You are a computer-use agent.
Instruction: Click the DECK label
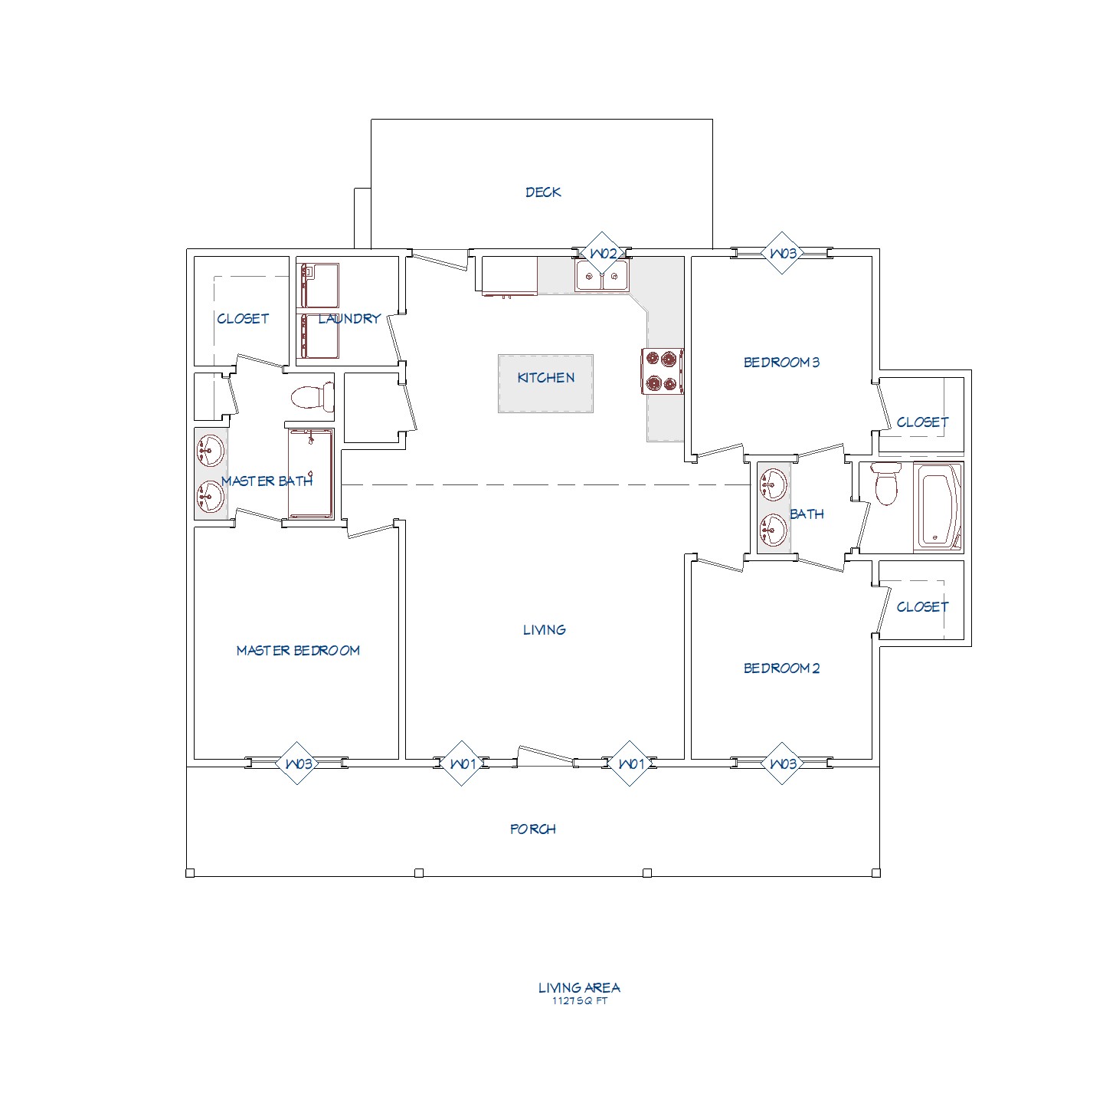pyautogui.click(x=542, y=192)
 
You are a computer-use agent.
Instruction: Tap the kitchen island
pyautogui.click(x=545, y=383)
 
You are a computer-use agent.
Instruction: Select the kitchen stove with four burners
pyautogui.click(x=663, y=371)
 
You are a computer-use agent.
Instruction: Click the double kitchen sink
pyautogui.click(x=602, y=276)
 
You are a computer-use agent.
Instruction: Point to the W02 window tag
pyautogui.click(x=602, y=254)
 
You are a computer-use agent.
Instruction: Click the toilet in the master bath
pyautogui.click(x=313, y=397)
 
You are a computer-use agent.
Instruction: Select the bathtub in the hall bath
pyautogui.click(x=938, y=507)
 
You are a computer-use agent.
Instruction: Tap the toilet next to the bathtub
pyautogui.click(x=886, y=484)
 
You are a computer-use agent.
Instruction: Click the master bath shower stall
pyautogui.click(x=311, y=474)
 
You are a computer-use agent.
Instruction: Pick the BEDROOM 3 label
pyautogui.click(x=781, y=363)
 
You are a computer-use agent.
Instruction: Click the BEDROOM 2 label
pyautogui.click(x=781, y=668)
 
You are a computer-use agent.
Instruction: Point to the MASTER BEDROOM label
pyautogui.click(x=298, y=651)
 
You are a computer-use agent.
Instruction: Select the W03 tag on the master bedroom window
pyautogui.click(x=297, y=763)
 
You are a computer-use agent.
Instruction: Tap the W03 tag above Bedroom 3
pyautogui.click(x=782, y=254)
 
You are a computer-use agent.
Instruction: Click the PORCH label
pyautogui.click(x=533, y=829)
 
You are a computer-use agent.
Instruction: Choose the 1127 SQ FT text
pyautogui.click(x=580, y=1001)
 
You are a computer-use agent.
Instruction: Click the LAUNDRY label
pyautogui.click(x=349, y=318)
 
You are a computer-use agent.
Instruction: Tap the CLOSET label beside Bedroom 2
pyautogui.click(x=922, y=607)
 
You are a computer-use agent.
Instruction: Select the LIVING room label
pyautogui.click(x=545, y=630)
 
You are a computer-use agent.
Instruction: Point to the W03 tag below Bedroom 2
pyautogui.click(x=782, y=763)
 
